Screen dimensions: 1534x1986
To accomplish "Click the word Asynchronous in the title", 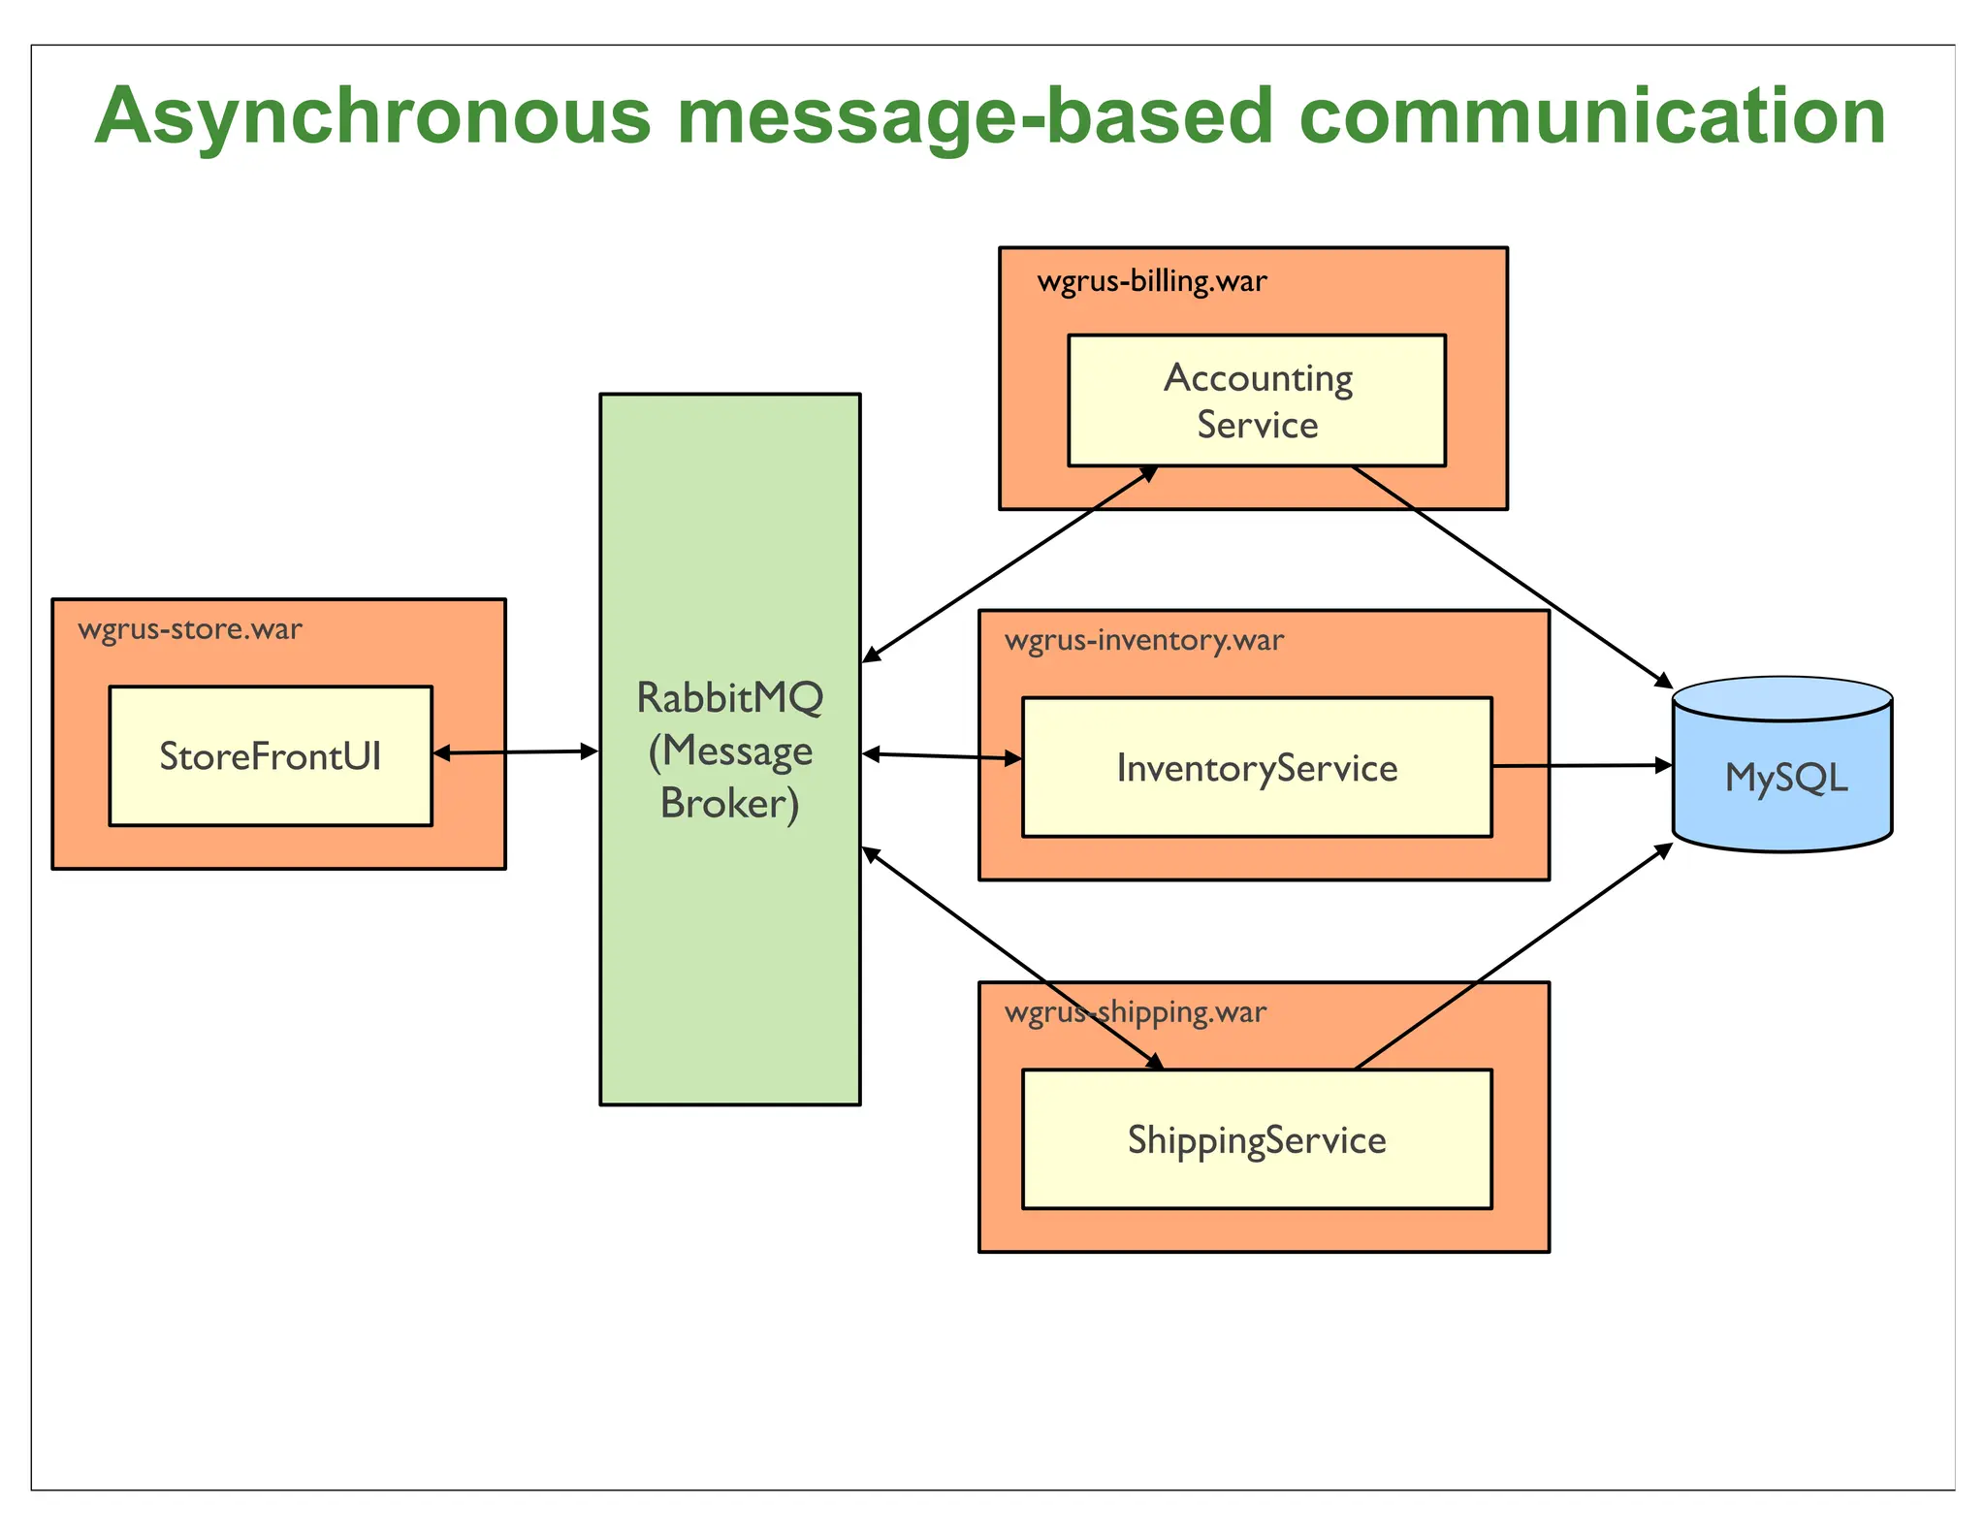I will (x=372, y=116).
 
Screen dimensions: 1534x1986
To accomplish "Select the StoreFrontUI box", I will (x=271, y=756).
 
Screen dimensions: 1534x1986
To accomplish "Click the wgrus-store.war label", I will (x=190, y=629).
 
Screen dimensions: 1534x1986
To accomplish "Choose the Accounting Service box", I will (x=1257, y=400).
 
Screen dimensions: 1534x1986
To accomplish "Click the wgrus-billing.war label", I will (x=1151, y=281).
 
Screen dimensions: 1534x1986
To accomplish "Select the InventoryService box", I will (x=1257, y=767).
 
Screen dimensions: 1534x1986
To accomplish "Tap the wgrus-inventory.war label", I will (x=1143, y=640).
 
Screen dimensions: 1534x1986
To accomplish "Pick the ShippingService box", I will (x=1257, y=1139).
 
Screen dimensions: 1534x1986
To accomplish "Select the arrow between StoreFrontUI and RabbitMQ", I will (x=515, y=751).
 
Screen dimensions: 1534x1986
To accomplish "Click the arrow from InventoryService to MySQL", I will (x=1581, y=766).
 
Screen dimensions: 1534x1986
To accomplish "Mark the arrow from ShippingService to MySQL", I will (x=1513, y=956).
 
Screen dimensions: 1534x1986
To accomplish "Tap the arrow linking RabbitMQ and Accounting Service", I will (x=1009, y=563).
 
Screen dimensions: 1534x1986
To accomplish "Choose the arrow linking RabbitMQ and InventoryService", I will (x=941, y=755).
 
